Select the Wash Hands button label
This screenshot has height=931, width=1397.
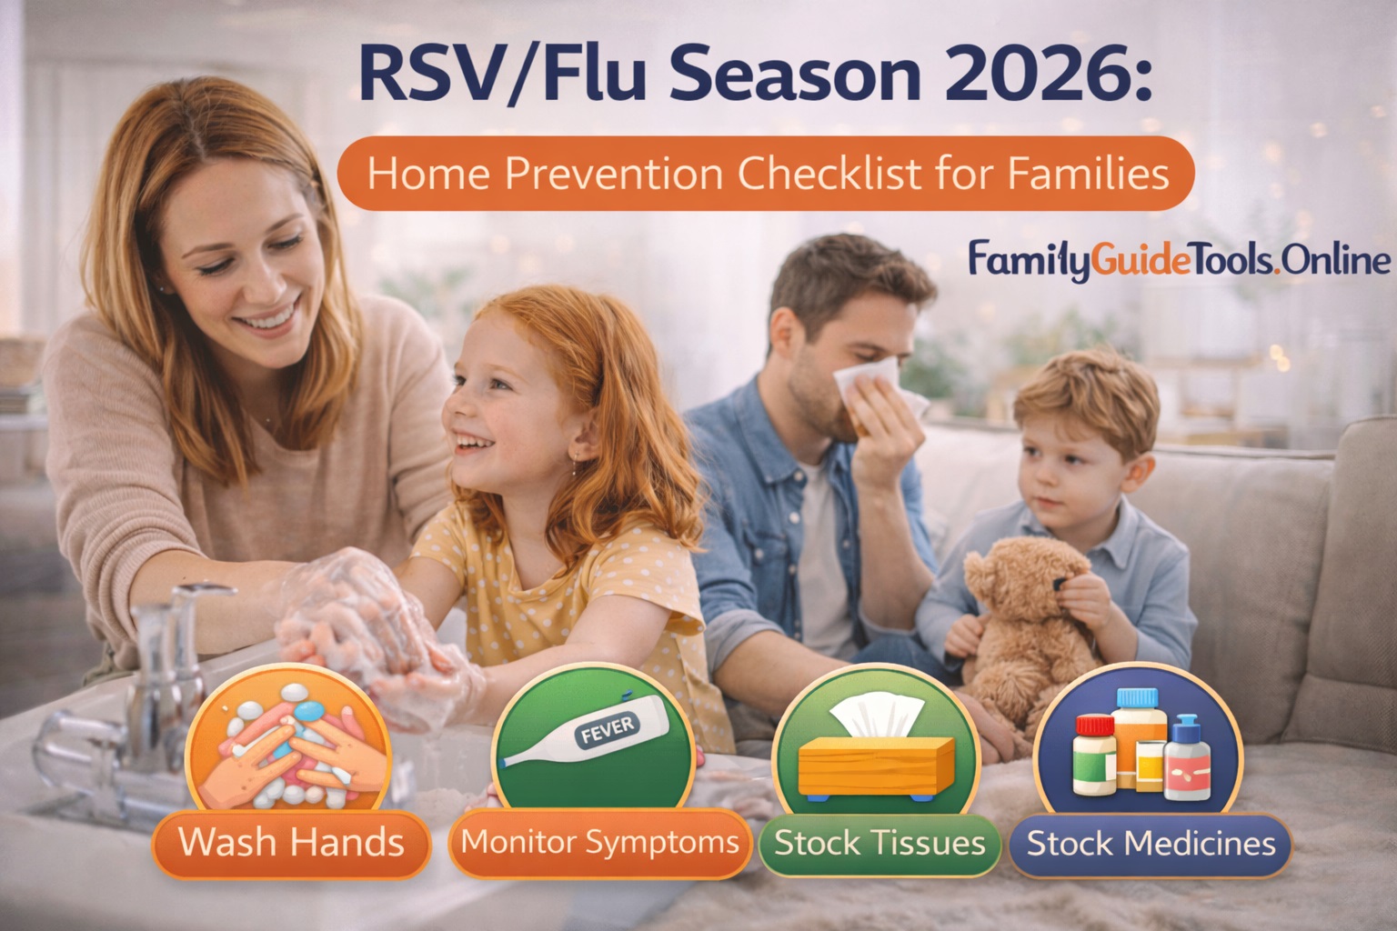291,842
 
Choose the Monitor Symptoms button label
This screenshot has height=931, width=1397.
599,842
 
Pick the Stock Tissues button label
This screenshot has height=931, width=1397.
879,843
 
